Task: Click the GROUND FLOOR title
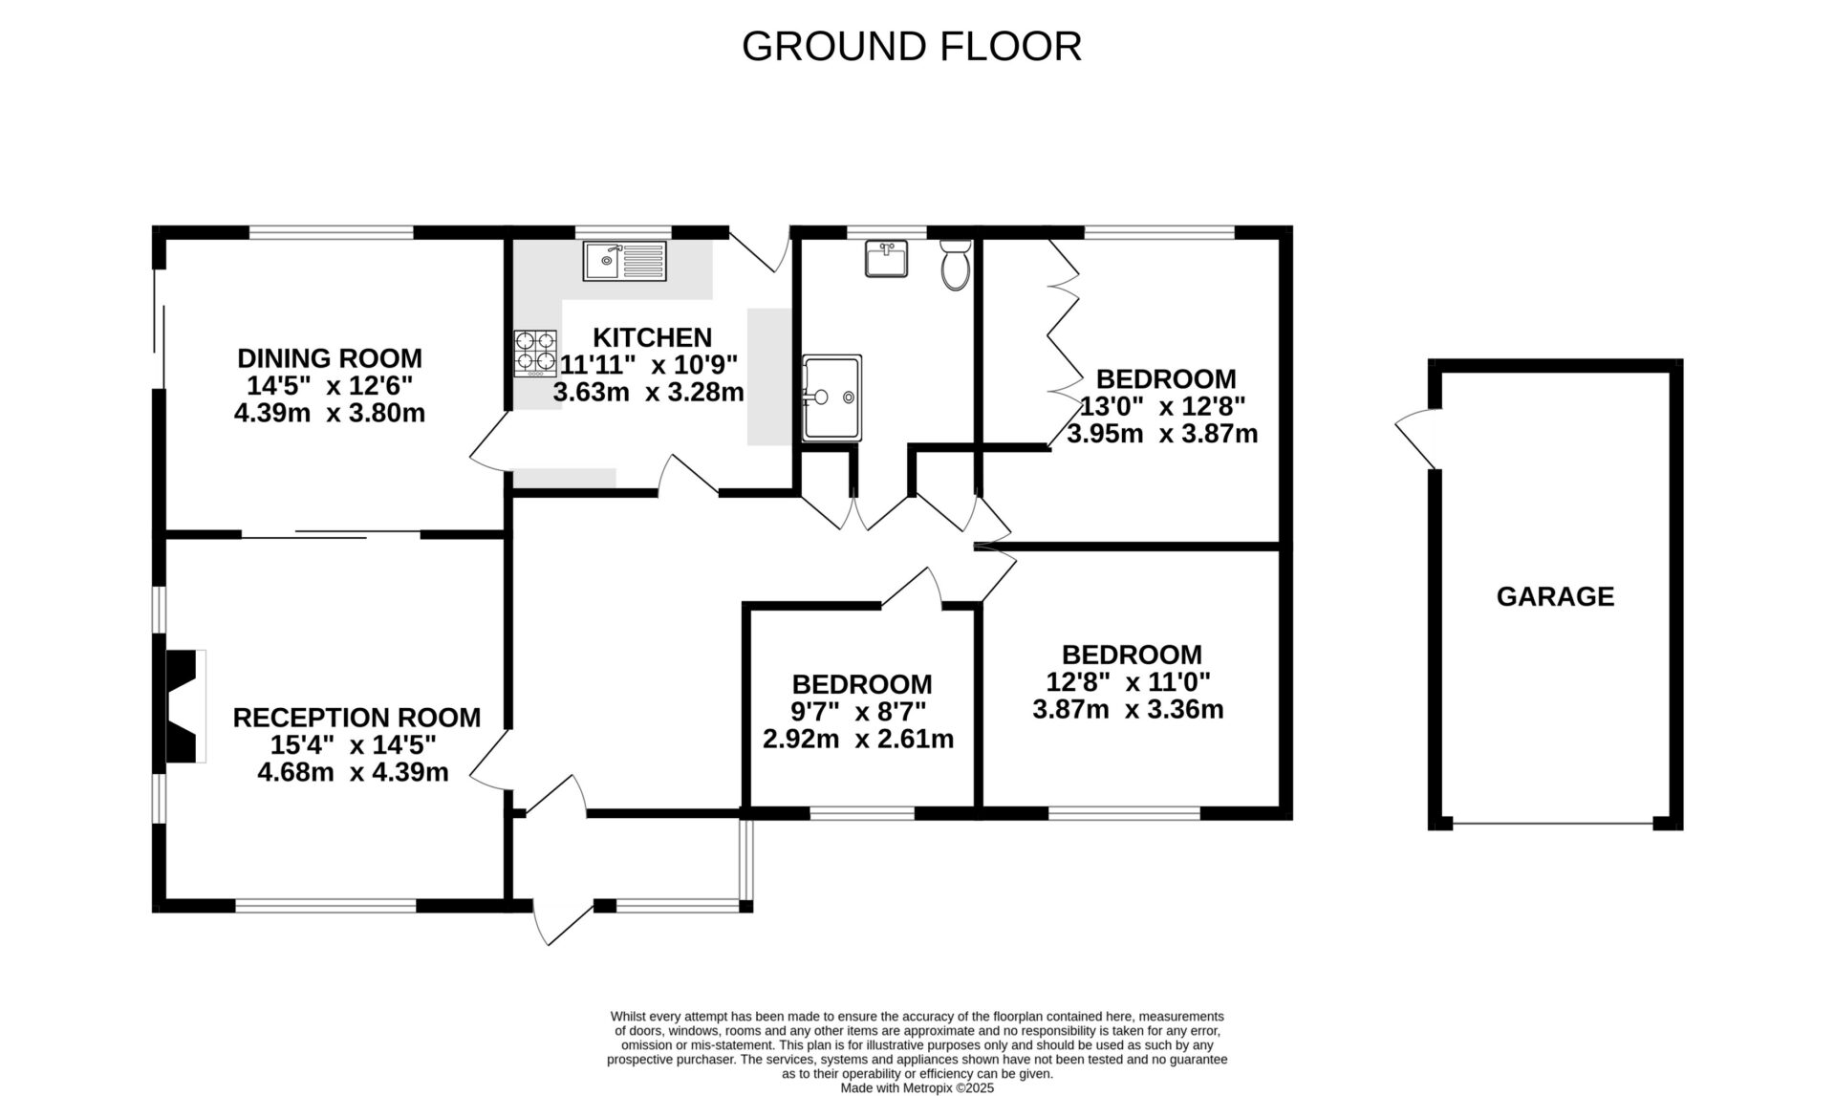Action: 911,46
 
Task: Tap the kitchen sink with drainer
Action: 625,261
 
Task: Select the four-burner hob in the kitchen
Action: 535,353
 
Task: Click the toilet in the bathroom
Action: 955,264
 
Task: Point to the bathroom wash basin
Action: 886,258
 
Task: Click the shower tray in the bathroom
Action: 831,398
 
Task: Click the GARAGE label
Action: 1555,596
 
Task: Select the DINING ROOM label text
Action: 330,358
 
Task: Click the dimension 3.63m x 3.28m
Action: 648,392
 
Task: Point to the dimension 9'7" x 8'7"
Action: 857,712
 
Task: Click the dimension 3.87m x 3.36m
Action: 1128,709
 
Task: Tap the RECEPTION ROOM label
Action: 356,718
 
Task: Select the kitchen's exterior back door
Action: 761,250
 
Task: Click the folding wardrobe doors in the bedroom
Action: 1063,334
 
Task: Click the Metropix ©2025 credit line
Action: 917,1087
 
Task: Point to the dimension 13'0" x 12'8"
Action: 1161,406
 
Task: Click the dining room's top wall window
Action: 331,231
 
